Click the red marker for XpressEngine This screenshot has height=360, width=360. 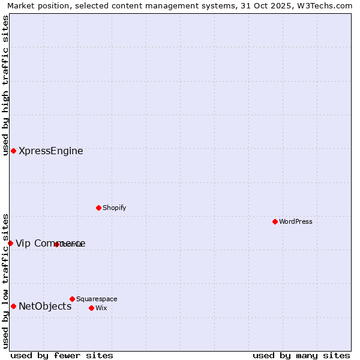pos(13,151)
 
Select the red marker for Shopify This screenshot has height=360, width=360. pos(98,208)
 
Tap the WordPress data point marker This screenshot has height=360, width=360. pos(275,221)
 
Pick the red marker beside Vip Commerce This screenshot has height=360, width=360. pos(10,243)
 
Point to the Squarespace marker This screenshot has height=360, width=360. pos(72,299)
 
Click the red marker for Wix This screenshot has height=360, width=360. pos(91,308)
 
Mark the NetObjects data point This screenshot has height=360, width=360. pos(13,306)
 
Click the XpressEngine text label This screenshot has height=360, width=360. pos(51,151)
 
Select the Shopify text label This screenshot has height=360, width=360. pos(115,208)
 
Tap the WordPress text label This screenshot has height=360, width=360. pos(296,222)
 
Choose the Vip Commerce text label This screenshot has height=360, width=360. pos(50,244)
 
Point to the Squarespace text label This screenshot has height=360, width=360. pos(97,299)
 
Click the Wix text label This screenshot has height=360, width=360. pos(101,308)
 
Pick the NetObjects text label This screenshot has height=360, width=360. pos(45,307)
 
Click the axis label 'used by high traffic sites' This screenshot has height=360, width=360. pos(5,85)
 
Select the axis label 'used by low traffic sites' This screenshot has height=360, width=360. pos(5,280)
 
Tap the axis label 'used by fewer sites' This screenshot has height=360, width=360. pos(62,355)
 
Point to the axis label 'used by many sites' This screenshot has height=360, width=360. pos(301,355)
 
